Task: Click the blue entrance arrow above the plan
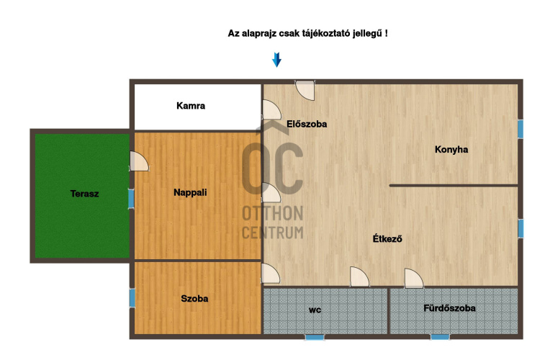coord(276,60)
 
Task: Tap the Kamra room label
coord(191,106)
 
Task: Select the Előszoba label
coord(307,124)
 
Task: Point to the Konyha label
coord(451,150)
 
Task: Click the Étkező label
coord(387,239)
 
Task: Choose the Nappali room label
coord(190,192)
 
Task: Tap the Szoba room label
coord(194,299)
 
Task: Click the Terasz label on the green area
coord(84,194)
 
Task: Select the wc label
coord(315,310)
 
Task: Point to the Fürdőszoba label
coord(449,308)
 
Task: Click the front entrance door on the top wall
coord(305,90)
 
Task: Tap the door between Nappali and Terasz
coord(139,161)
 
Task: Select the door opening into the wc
coord(359,277)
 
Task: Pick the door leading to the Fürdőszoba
coord(414,279)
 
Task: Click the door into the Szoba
coord(271,274)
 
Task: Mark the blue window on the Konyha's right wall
coord(521,130)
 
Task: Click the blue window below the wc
coord(315,337)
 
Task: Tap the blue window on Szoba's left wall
coord(132,298)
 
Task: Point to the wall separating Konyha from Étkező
coord(454,186)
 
